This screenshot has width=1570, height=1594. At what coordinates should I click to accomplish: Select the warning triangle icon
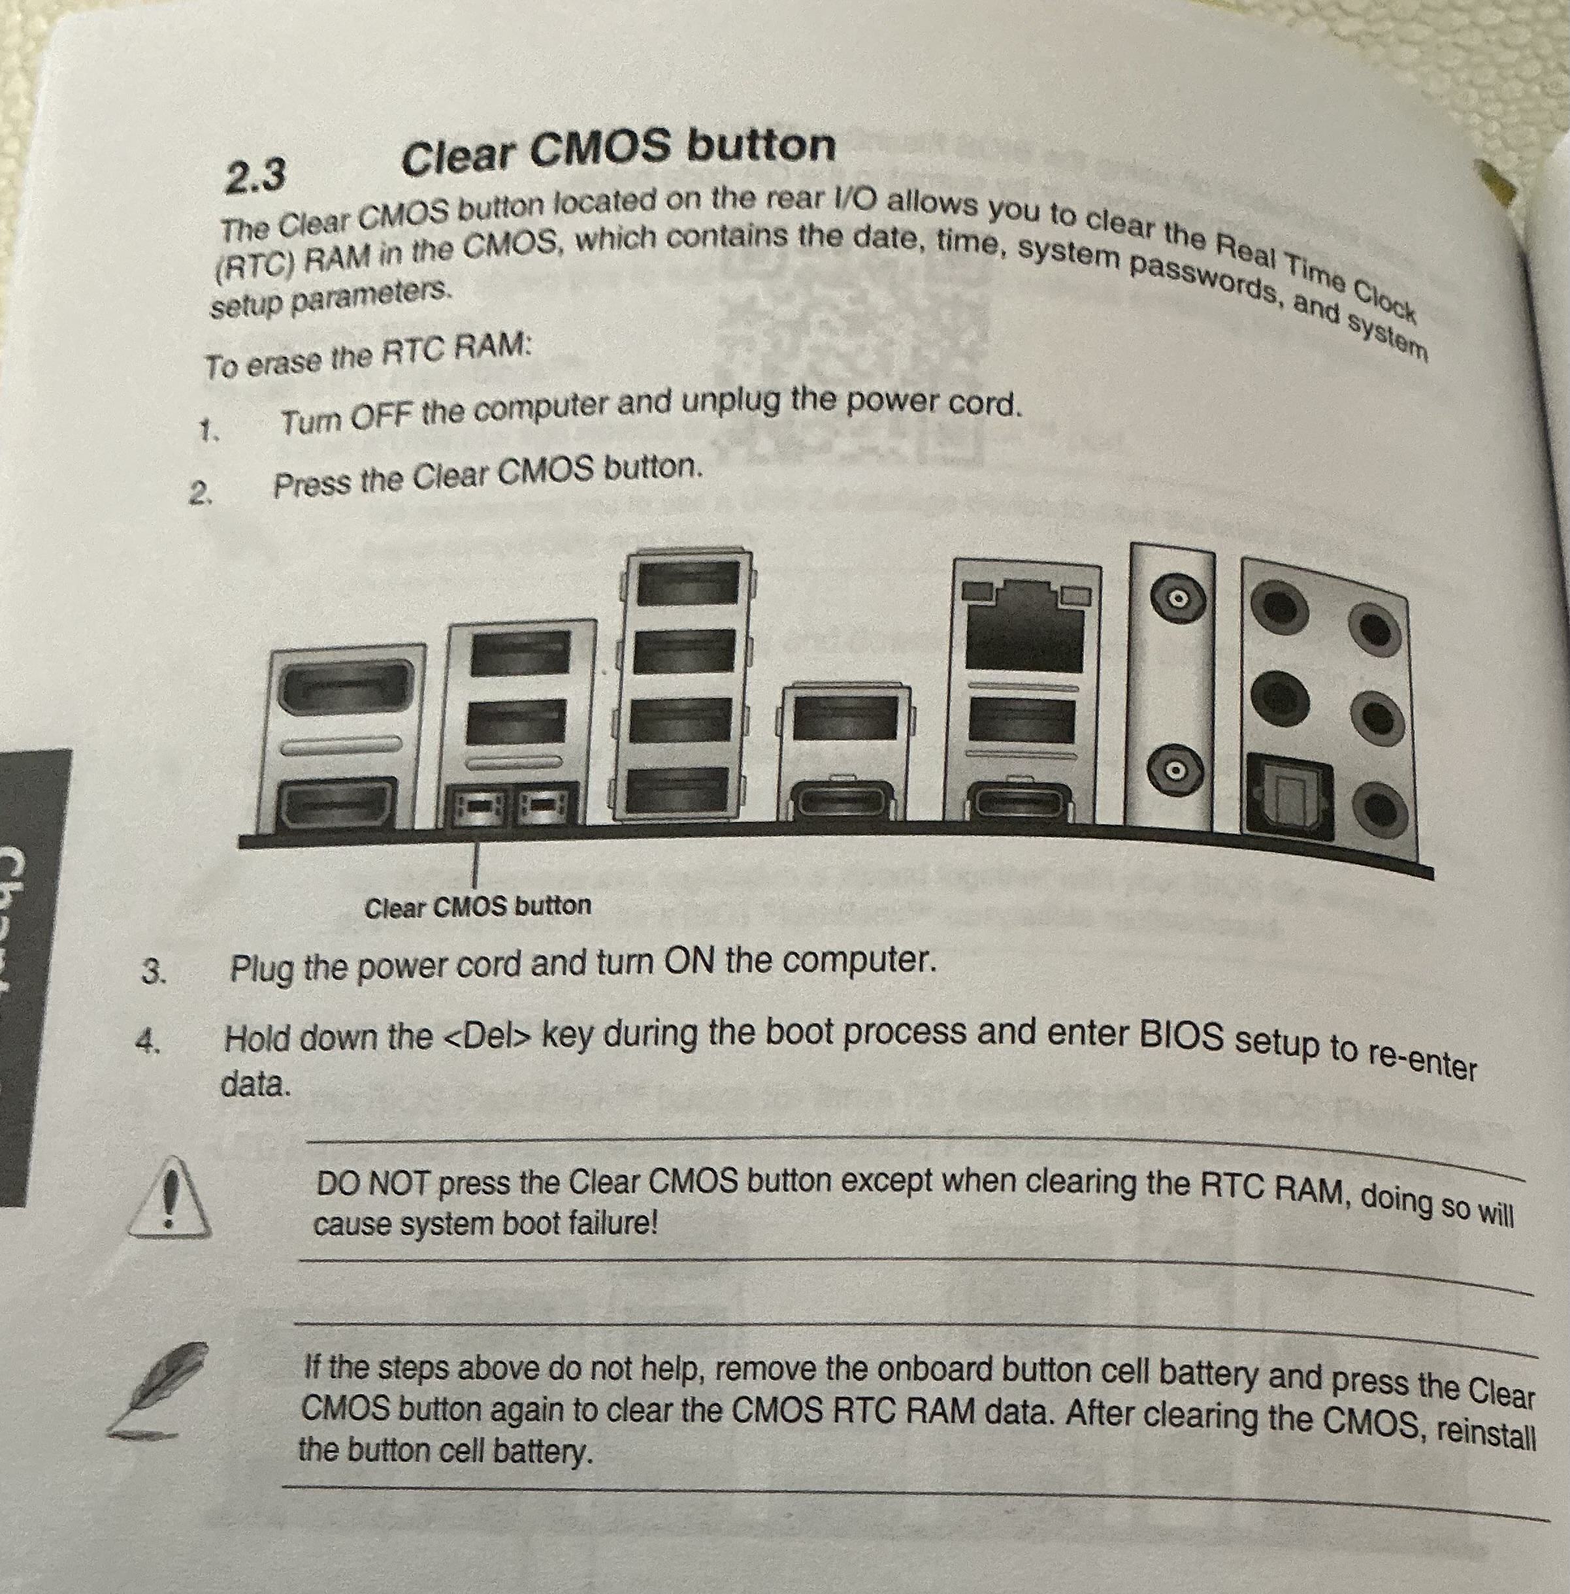click(171, 1197)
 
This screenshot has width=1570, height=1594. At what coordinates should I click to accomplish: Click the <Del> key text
click(485, 1037)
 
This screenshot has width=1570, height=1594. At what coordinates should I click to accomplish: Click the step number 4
click(147, 1043)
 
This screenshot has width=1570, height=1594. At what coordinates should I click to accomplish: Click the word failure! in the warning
click(613, 1224)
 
